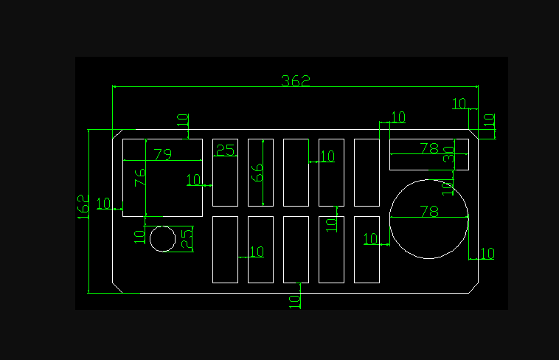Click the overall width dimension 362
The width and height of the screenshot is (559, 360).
coord(296,80)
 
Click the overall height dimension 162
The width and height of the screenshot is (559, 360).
coord(83,207)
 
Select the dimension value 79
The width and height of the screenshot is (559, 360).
coord(162,154)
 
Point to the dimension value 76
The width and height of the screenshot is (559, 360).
coord(140,179)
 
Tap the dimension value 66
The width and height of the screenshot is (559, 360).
coord(257,173)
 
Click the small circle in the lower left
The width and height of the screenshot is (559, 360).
coord(162,239)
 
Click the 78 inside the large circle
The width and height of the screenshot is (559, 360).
coord(428,212)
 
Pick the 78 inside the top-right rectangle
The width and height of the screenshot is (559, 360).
coord(428,148)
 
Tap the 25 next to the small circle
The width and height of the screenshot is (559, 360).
coord(187,238)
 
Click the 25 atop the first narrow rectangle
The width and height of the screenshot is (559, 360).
coord(225,150)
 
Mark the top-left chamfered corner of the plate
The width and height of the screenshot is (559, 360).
coord(117,134)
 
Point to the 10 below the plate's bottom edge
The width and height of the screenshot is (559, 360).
coord(294,300)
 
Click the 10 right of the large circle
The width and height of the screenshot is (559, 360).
coord(487,254)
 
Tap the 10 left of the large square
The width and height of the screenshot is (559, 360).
coord(103,203)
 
